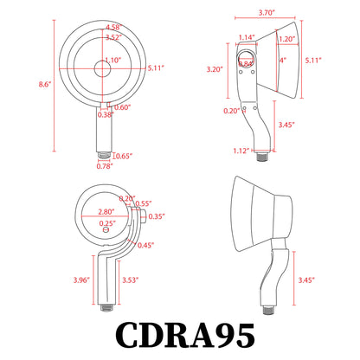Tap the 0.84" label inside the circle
pyautogui.click(x=246, y=64)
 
